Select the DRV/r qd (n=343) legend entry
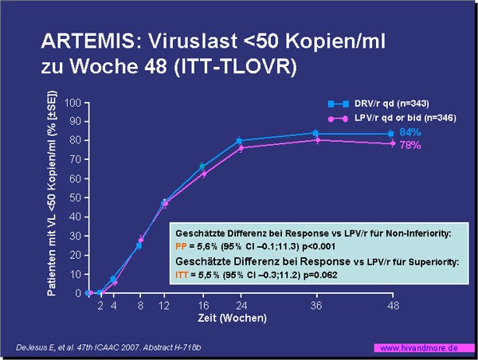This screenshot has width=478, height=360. (x=378, y=104)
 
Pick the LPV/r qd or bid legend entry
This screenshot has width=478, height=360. (x=392, y=118)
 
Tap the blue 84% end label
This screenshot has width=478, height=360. (x=410, y=132)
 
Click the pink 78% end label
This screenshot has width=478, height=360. (x=410, y=145)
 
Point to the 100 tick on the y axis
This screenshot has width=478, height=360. (x=72, y=103)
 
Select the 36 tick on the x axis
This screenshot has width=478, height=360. (x=316, y=305)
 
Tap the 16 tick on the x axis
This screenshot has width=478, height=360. (x=203, y=305)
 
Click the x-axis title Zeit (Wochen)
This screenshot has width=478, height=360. (x=233, y=318)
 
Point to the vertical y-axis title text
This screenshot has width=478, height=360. (x=52, y=193)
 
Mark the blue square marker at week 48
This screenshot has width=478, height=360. (x=391, y=134)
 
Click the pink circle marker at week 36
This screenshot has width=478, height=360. (x=317, y=140)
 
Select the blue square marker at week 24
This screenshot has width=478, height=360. (x=239, y=141)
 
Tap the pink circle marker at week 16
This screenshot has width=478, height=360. (x=204, y=174)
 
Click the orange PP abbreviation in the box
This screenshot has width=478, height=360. (x=181, y=246)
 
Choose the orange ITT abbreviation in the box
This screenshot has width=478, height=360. (x=182, y=275)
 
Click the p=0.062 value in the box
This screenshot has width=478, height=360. (x=319, y=275)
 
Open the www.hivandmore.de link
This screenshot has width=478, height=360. (x=419, y=348)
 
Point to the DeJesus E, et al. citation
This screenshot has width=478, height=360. (x=108, y=347)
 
